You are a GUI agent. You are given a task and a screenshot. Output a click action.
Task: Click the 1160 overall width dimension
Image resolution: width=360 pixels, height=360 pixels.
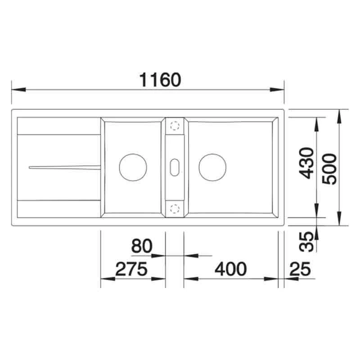coord(160,80)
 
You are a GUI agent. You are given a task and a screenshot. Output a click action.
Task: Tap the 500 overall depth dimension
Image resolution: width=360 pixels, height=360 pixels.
coord(329,169)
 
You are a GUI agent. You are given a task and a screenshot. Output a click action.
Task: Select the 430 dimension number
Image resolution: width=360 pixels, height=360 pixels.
coord(307,163)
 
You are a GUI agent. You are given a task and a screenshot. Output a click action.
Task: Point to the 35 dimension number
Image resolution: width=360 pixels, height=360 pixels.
coord(306,242)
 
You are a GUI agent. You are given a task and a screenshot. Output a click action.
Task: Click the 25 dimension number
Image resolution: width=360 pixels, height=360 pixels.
coord(300,269)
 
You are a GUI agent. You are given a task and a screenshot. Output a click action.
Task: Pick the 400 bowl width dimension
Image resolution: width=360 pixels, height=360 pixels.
coord(231,269)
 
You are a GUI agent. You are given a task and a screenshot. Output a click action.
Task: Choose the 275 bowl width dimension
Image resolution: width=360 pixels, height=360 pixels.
coord(131,269)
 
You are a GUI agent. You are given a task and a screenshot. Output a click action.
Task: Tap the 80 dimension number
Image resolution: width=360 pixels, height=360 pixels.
coord(142,246)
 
